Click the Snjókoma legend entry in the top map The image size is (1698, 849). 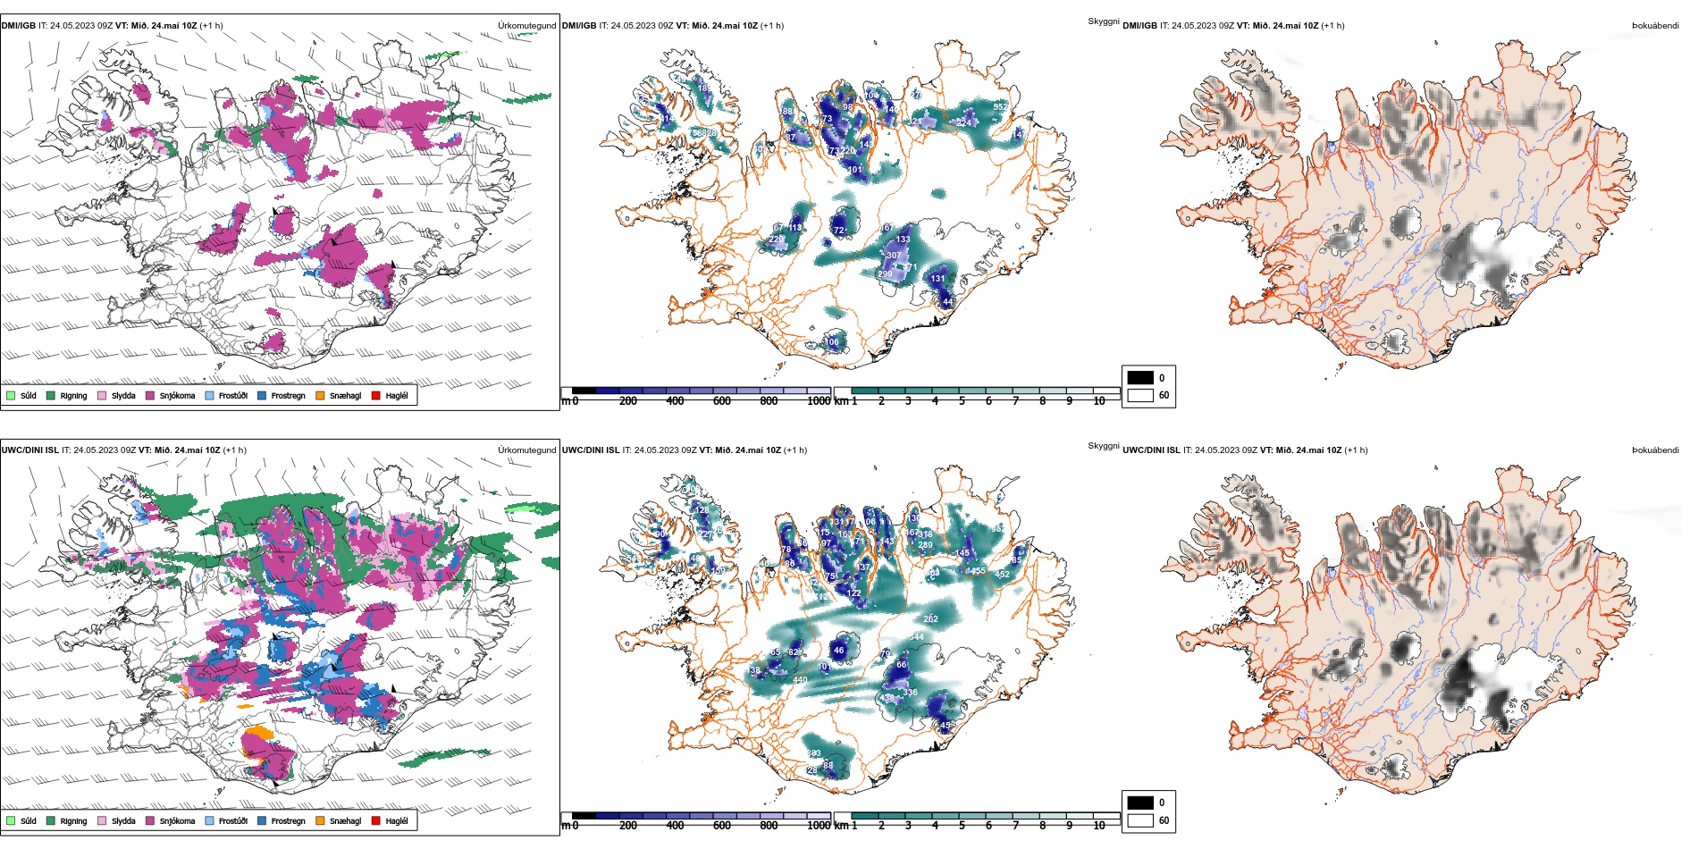point(176,395)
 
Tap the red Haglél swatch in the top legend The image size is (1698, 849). point(376,395)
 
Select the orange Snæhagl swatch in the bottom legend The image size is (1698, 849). point(320,820)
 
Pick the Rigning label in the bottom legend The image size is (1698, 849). point(73,820)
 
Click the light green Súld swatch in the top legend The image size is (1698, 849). point(11,395)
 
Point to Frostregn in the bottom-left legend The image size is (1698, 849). point(288,820)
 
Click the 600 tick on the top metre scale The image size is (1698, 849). point(721,401)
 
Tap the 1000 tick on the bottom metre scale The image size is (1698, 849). point(818,826)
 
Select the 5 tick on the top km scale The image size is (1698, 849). point(962,401)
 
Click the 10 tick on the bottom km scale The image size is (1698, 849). point(1098,826)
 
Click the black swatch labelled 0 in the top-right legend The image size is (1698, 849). point(1140,378)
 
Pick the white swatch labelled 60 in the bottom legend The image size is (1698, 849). point(1140,820)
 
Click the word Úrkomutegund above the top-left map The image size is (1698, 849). point(526,26)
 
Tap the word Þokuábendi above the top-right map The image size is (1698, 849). point(1655,26)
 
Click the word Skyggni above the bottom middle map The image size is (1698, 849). point(1103,445)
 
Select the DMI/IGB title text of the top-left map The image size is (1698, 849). point(19,26)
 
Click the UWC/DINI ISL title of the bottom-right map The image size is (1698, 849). point(1151,450)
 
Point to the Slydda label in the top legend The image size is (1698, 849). point(123,395)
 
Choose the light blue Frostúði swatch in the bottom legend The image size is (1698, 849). point(210,820)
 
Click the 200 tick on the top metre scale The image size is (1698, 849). point(627,401)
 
